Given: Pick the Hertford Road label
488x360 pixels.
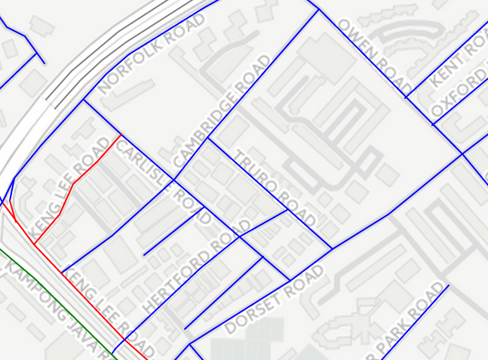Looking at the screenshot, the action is pyautogui.click(x=195, y=267).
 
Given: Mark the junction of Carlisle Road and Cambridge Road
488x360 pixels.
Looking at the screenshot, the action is pyautogui.click(x=175, y=180).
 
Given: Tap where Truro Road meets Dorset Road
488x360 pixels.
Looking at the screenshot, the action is pyautogui.click(x=332, y=249).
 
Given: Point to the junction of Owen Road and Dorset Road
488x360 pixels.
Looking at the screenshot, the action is pyautogui.click(x=462, y=154).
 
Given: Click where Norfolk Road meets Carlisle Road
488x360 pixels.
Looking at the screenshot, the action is pyautogui.click(x=84, y=100).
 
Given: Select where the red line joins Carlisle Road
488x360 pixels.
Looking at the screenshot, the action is pyautogui.click(x=120, y=135).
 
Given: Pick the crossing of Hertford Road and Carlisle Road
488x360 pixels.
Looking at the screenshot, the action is pyautogui.click(x=240, y=236).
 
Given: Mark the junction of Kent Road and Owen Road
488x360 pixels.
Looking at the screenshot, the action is pyautogui.click(x=406, y=97).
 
